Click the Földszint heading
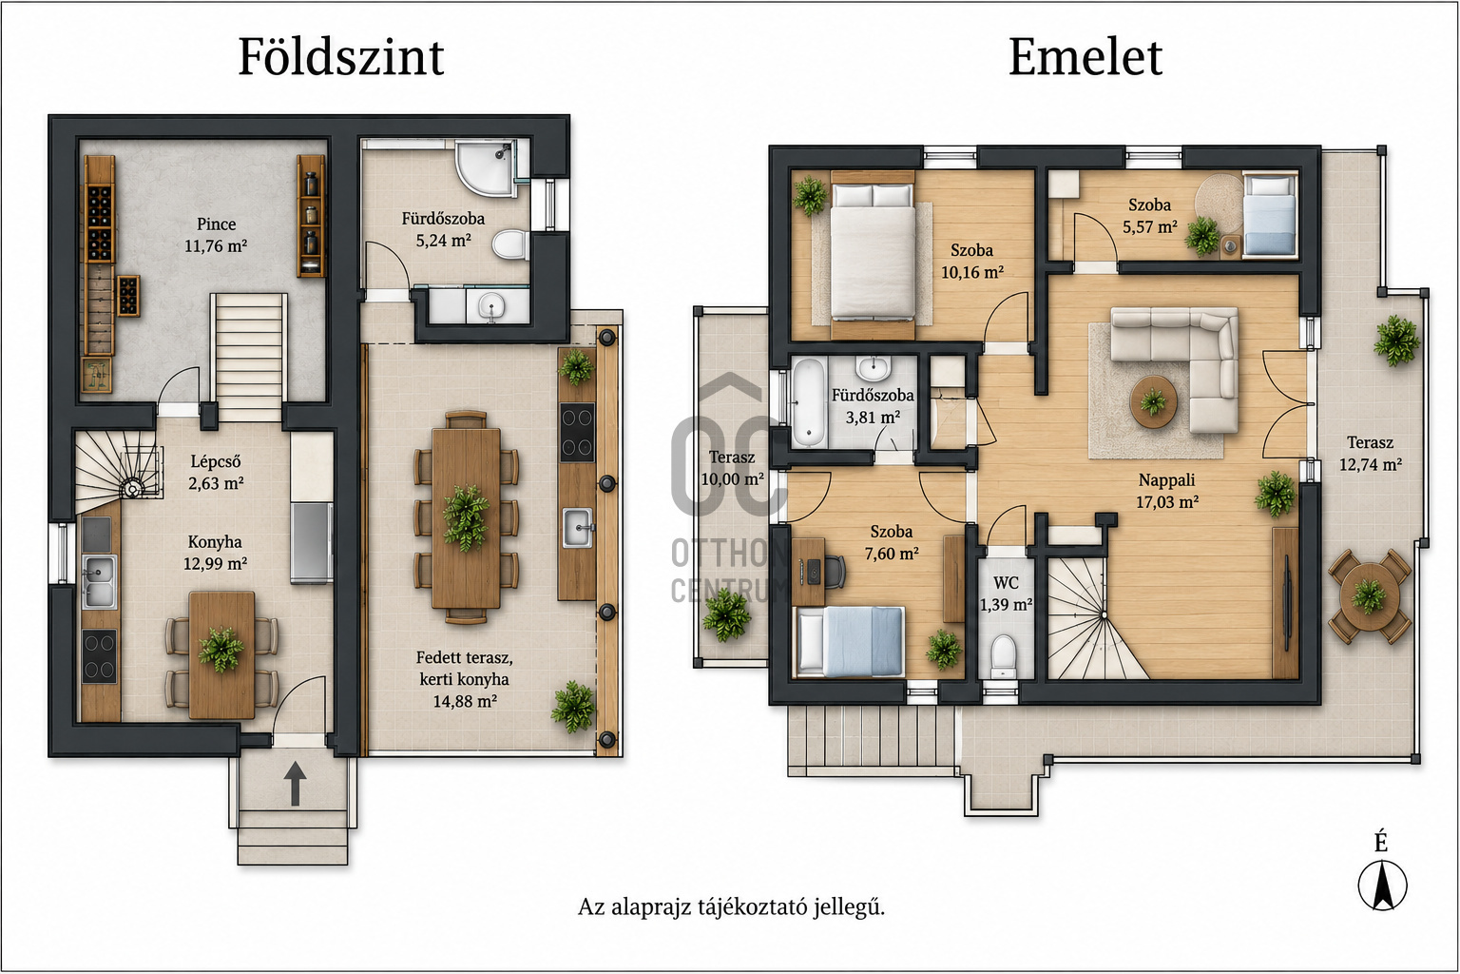(x=341, y=57)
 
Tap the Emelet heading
(x=1085, y=57)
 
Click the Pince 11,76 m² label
(x=216, y=235)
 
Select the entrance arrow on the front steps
(x=295, y=783)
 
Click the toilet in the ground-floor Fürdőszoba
(x=509, y=245)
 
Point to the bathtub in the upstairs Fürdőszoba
(x=808, y=402)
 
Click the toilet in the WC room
(x=1003, y=657)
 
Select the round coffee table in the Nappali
(x=1154, y=401)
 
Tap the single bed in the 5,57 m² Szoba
(x=1269, y=214)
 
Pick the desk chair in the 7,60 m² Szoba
(x=835, y=572)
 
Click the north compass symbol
(x=1382, y=886)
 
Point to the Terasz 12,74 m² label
(x=1370, y=454)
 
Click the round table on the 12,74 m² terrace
(x=1369, y=595)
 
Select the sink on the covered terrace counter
(x=578, y=527)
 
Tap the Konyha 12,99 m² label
(x=215, y=553)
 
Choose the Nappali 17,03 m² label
(x=1166, y=491)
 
